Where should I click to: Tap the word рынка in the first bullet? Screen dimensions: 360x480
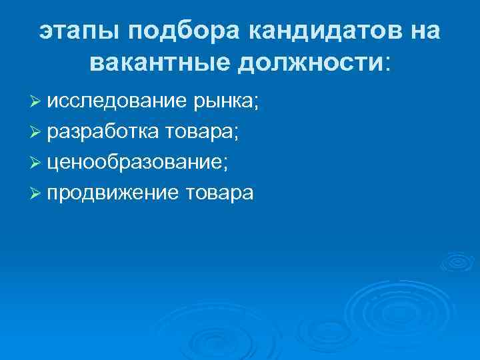[224, 103]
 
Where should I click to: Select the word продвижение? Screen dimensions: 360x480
[113, 193]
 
